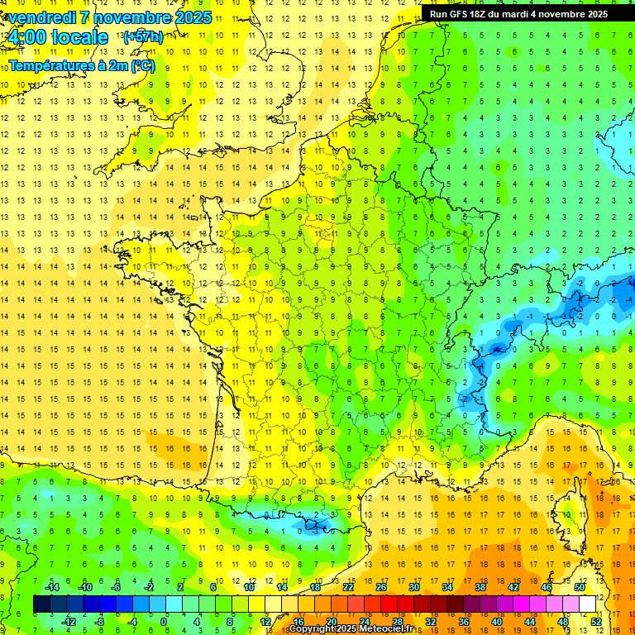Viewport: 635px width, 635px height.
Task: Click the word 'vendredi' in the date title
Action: point(41,17)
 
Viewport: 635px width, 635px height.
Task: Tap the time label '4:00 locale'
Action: point(56,37)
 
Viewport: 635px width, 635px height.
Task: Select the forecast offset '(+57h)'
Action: point(142,36)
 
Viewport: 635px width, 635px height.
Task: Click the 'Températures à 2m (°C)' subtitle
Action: point(81,64)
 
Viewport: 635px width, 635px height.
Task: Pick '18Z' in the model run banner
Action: point(484,14)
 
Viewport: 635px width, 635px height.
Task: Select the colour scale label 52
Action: point(596,621)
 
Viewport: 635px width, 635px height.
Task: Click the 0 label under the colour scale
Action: point(164,621)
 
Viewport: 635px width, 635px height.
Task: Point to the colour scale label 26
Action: point(381,587)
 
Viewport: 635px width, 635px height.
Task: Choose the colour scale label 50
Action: point(580,587)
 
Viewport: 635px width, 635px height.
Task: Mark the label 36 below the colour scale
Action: point(463,621)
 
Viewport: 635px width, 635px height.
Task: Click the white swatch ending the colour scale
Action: point(587,604)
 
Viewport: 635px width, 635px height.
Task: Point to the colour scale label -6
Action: point(115,587)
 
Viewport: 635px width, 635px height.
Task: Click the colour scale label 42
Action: point(513,587)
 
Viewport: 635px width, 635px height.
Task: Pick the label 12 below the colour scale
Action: point(265,621)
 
